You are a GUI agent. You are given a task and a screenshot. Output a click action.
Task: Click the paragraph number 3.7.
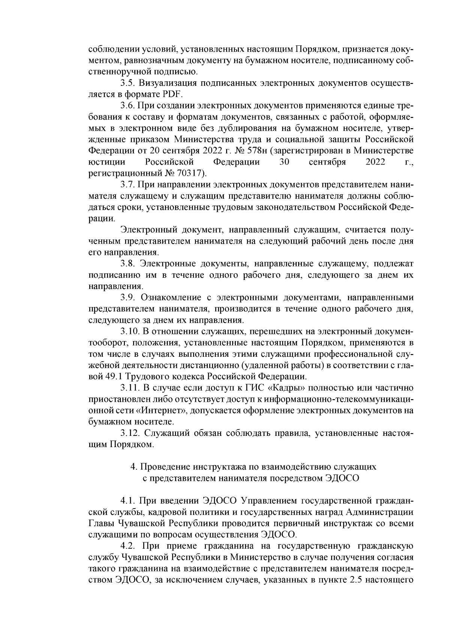point(127,184)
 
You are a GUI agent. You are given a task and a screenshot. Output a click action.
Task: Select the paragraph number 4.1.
point(127,501)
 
